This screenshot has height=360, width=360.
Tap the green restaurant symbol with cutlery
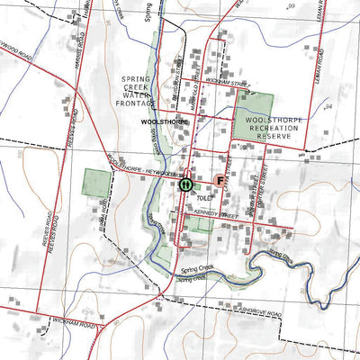click(x=184, y=184)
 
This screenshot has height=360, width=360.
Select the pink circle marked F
click(x=220, y=180)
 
